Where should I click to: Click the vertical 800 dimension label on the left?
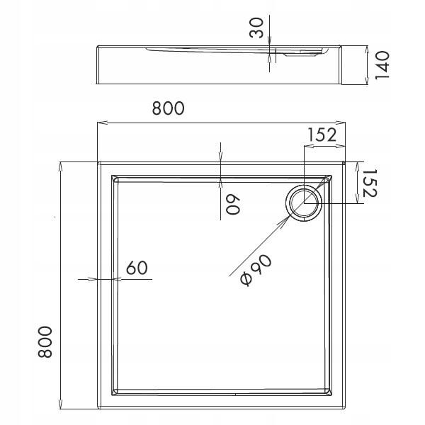43,342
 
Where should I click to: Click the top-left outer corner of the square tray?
98,162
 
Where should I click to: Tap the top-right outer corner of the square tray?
345,162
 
